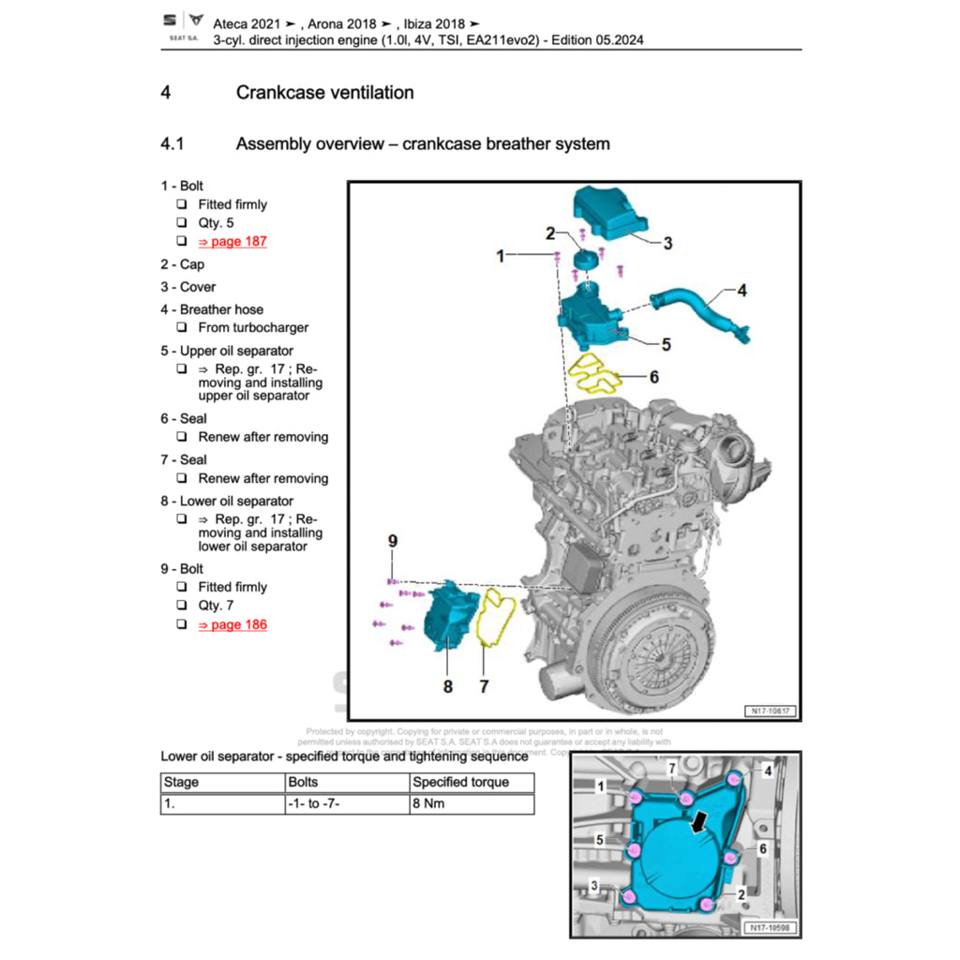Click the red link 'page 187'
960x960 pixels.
pos(232,241)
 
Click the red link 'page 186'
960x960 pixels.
pos(232,624)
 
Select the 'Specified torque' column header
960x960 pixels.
pos(460,782)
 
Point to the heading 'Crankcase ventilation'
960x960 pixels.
pos(324,93)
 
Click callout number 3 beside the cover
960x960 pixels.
pos(667,244)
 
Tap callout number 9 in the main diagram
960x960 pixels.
pos(394,540)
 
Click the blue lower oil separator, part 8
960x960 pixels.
pos(446,619)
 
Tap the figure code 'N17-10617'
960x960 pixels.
pos(771,711)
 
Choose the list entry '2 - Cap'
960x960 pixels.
pos(182,264)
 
